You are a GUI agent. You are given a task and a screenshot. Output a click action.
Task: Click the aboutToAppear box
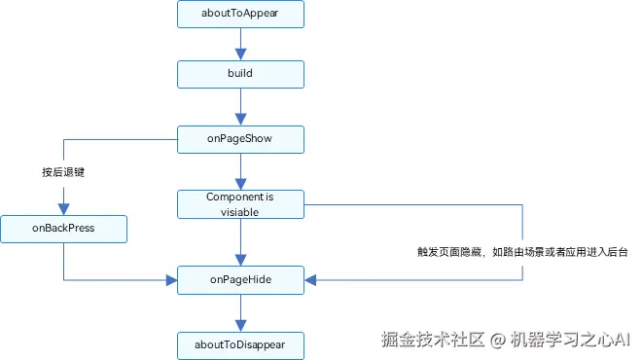pyautogui.click(x=240, y=15)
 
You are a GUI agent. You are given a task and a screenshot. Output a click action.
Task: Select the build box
pyautogui.click(x=240, y=73)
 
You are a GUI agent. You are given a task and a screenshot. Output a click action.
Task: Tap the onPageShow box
pyautogui.click(x=240, y=139)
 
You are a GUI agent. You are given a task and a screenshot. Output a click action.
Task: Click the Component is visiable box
pyautogui.click(x=240, y=204)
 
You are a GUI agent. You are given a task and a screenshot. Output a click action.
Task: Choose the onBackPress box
pyautogui.click(x=63, y=230)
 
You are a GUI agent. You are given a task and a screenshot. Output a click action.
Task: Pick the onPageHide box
pyautogui.click(x=240, y=279)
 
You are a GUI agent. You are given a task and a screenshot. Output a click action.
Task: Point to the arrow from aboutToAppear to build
pyautogui.click(x=240, y=44)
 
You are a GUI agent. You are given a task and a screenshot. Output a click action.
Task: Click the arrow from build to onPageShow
pyautogui.click(x=240, y=106)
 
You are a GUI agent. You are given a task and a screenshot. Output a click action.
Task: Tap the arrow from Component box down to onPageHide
pyautogui.click(x=240, y=241)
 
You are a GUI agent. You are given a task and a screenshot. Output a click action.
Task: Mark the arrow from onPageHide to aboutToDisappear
pyautogui.click(x=240, y=312)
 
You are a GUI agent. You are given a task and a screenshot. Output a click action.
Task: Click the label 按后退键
pyautogui.click(x=63, y=172)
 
